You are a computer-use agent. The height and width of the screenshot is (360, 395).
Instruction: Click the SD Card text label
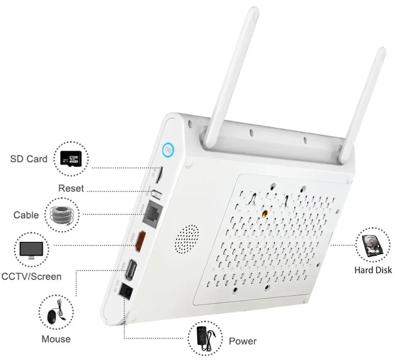[x=29, y=159]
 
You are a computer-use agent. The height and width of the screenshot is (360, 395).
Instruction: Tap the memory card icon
[x=71, y=159]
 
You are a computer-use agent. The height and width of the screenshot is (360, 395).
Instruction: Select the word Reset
[x=71, y=188]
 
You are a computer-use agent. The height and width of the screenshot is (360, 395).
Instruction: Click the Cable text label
[x=26, y=215]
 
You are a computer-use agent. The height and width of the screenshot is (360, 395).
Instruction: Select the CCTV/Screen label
[x=32, y=276]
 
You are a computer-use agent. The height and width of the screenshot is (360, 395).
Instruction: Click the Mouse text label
[x=56, y=339]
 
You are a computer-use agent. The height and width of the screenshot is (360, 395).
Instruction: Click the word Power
[x=243, y=341]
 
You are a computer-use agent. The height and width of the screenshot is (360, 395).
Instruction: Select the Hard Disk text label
[x=373, y=270]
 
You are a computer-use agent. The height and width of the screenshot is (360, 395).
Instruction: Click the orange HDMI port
[x=139, y=242]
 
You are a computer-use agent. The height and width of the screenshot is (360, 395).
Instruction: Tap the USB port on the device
[x=131, y=270]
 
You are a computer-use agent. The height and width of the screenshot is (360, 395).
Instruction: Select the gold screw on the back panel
[x=265, y=214]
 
